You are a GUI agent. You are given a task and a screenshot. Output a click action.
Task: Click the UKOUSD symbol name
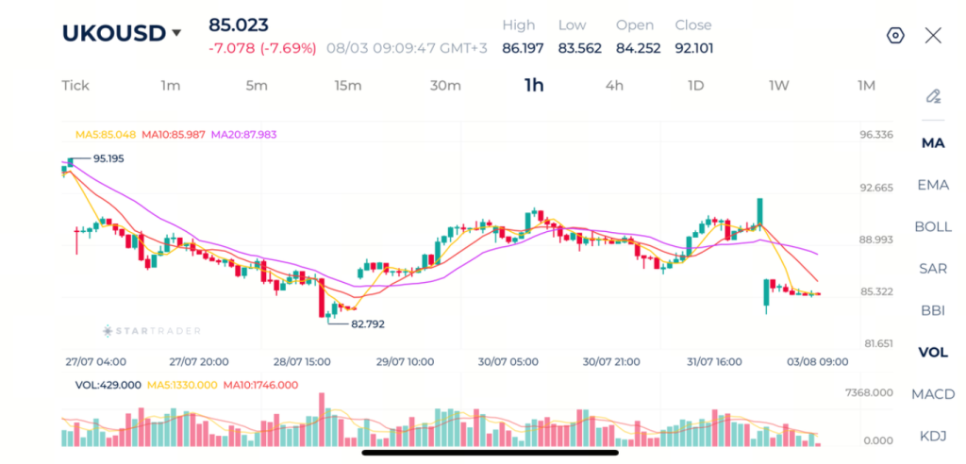pos(114,33)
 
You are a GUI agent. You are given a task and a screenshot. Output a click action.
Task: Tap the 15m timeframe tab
pos(348,86)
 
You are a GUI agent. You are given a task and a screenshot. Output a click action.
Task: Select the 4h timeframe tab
pos(614,86)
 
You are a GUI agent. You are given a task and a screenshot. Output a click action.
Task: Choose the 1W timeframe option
pos(778,86)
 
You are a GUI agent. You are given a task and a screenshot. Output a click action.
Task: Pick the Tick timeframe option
pos(75,86)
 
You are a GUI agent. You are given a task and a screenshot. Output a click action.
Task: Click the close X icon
pos(933,36)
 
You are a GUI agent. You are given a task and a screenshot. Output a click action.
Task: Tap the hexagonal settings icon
pos(895,36)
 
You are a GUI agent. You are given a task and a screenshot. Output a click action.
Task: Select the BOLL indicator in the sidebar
pos(933,226)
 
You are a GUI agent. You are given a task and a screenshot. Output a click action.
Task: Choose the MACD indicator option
pos(933,394)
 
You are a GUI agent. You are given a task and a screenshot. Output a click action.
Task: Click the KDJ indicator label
pos(933,437)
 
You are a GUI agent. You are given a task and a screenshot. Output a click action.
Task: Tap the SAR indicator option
pos(933,269)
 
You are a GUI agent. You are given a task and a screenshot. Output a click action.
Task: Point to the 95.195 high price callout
pos(108,159)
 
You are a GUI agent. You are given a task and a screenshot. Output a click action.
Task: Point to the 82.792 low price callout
pos(368,324)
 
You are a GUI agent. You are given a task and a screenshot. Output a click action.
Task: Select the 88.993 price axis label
pos(876,240)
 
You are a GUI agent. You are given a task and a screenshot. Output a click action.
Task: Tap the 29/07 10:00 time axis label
pos(406,362)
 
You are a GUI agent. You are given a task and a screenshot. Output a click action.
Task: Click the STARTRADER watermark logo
pos(152,331)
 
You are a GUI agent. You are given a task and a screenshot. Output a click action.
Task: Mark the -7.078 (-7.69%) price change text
pos(262,49)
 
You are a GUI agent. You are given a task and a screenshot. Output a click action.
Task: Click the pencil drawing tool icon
pos(933,97)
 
